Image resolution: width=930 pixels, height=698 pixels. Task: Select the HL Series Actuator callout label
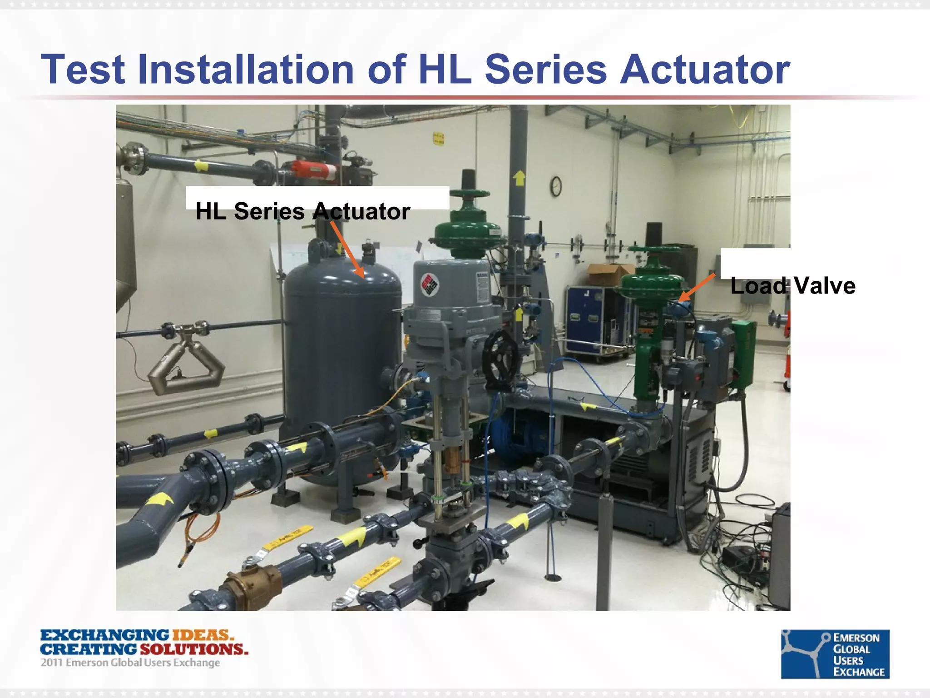(x=303, y=211)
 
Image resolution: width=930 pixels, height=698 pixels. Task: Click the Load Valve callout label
(x=793, y=286)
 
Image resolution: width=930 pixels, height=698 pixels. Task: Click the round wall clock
(x=556, y=186)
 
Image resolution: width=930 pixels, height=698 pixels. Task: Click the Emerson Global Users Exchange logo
(x=835, y=653)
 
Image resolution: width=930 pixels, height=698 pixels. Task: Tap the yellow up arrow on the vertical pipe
(x=519, y=177)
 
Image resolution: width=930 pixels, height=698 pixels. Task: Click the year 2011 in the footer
(x=51, y=663)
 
